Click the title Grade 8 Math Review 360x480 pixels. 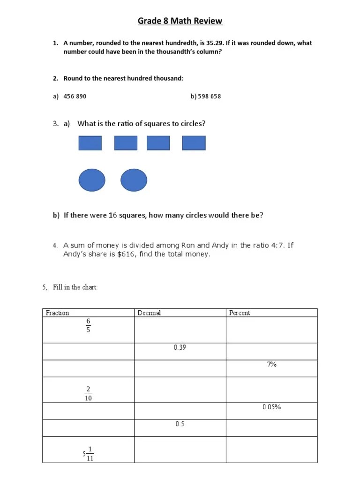[x=180, y=21]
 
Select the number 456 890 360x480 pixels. [x=75, y=97]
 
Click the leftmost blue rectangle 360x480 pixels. [x=90, y=143]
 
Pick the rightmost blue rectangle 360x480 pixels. [x=194, y=143]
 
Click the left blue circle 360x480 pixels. [x=92, y=180]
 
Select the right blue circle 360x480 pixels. [x=134, y=180]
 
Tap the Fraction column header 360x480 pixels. [x=57, y=313]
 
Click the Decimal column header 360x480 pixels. [x=149, y=313]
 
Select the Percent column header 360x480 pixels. [x=240, y=313]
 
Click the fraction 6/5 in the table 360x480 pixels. [x=88, y=325]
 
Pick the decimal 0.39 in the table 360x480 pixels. [x=180, y=348]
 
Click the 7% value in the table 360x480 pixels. [x=272, y=364]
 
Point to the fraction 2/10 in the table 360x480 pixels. [x=88, y=393]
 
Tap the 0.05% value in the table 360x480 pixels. [x=272, y=407]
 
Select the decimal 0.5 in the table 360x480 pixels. [x=180, y=424]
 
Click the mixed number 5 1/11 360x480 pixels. [x=88, y=454]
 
